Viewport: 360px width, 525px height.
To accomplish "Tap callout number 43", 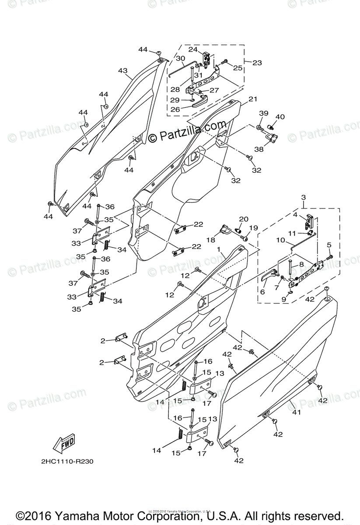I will pyautogui.click(x=122, y=71).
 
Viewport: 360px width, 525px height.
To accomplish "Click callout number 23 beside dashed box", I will pyautogui.click(x=257, y=63).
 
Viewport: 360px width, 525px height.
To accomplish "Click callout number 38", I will pyautogui.click(x=259, y=149).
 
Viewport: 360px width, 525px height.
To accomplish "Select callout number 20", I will pyautogui.click(x=244, y=219).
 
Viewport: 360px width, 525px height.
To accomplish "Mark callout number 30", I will pyautogui.click(x=181, y=59).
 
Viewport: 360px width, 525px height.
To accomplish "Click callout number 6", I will pyautogui.click(x=262, y=292).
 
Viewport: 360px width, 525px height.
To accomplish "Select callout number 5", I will pyautogui.click(x=329, y=245).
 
